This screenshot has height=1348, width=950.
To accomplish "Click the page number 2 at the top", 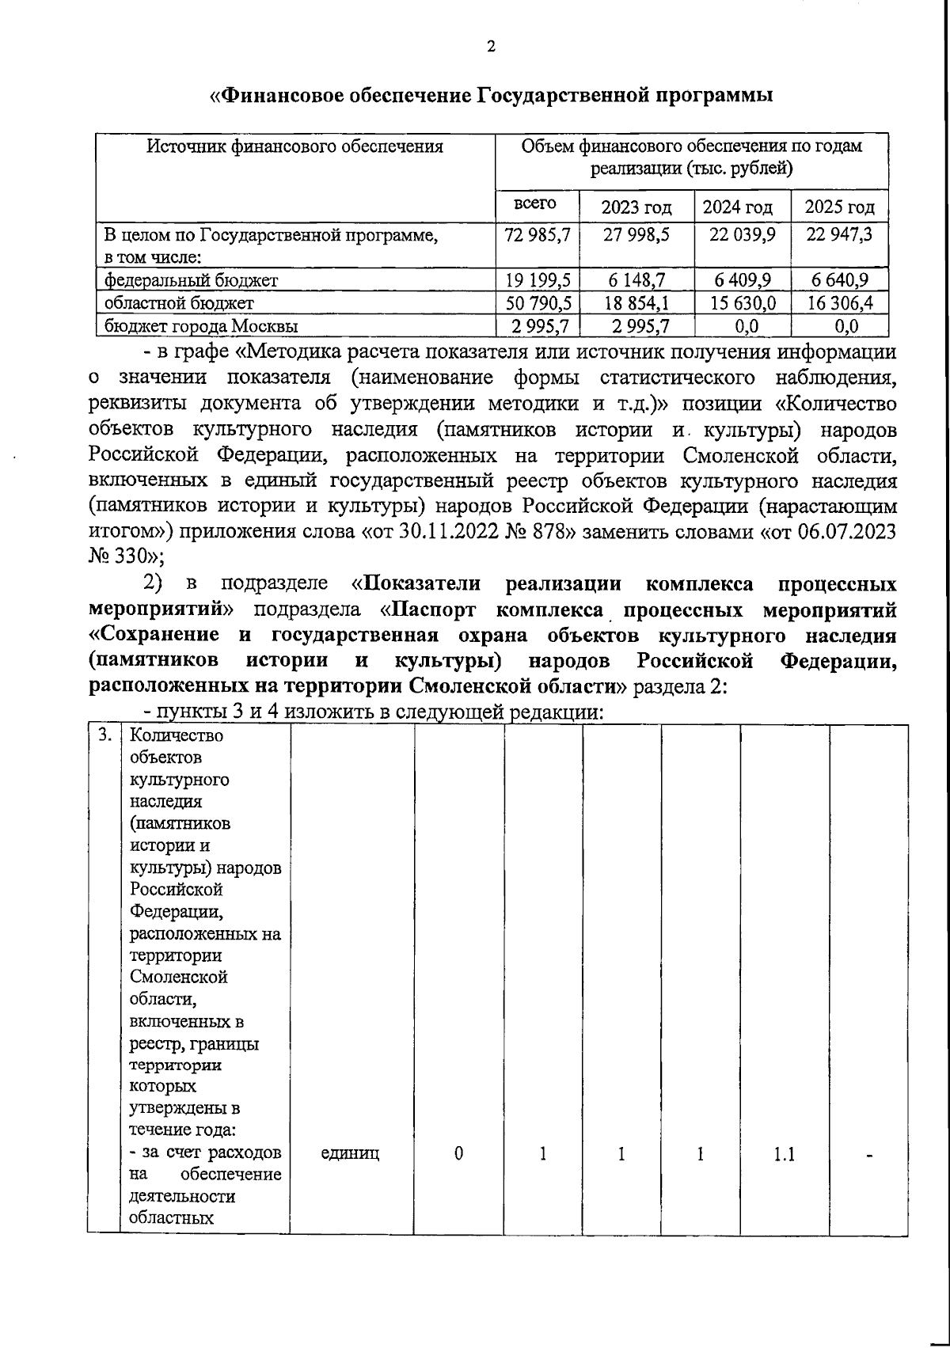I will click(491, 47).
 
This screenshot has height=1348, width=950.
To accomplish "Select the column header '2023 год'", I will click(636, 207).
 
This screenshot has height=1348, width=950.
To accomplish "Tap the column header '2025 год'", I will click(839, 207).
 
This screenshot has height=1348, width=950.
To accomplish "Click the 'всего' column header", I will click(535, 203).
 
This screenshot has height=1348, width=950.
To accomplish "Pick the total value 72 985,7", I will click(537, 235).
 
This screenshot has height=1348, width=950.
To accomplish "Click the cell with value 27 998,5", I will click(636, 235).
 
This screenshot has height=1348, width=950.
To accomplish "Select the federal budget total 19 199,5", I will click(537, 279).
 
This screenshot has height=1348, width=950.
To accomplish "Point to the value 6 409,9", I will click(742, 279).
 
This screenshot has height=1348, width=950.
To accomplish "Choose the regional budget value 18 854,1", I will click(636, 302).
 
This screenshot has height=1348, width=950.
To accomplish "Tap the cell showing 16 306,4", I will click(839, 302).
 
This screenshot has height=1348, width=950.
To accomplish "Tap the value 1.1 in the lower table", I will click(784, 1154).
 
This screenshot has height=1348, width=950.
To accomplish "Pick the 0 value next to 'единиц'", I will click(458, 1154).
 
